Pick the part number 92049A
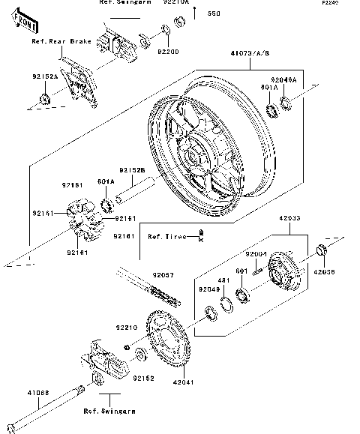(x=284, y=79)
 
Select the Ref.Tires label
(x=166, y=237)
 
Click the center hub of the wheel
(x=196, y=159)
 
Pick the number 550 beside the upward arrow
(x=214, y=14)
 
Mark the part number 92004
(x=257, y=255)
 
